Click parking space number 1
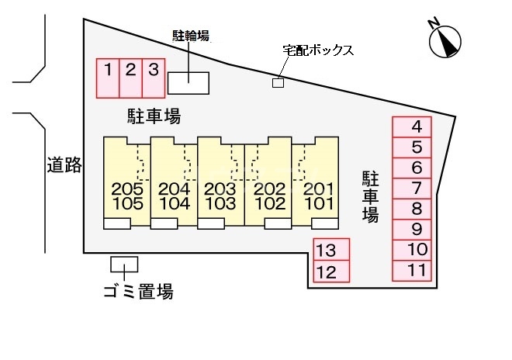108,78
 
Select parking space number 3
154,78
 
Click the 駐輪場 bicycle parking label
190,35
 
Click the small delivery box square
278,82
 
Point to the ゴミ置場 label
138,292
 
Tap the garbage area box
124,265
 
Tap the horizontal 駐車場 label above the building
154,117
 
